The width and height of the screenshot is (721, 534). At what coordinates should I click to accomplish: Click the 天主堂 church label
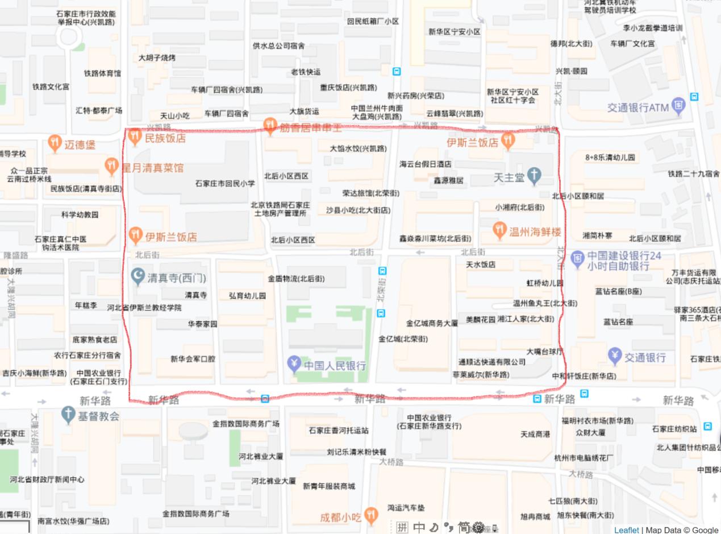tap(509, 178)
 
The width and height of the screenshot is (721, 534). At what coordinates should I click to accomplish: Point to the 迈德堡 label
tap(80, 145)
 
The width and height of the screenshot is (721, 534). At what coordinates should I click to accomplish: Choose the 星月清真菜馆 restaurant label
tap(152, 168)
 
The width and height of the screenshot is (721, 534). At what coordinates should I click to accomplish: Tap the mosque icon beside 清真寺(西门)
tap(138, 277)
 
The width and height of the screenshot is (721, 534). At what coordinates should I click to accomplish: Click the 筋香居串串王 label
tap(310, 127)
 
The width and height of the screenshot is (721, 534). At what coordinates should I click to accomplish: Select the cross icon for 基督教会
tap(68, 415)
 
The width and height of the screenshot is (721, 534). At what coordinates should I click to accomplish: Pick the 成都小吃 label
tap(340, 518)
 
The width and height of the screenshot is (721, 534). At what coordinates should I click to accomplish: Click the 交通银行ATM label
tap(638, 107)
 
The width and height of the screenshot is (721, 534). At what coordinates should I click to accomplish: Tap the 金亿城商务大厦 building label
tap(432, 324)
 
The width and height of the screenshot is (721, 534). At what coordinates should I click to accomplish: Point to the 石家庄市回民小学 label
tap(225, 184)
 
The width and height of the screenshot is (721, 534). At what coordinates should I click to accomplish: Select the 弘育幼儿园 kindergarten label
tap(247, 296)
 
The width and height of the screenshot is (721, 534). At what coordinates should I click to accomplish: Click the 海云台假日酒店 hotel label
tap(426, 164)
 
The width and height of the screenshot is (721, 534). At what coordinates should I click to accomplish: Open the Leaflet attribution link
tap(626, 530)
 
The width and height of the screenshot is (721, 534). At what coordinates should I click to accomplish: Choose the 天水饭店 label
tap(481, 264)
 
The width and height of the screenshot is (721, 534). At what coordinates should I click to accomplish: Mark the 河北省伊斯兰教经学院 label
tap(144, 308)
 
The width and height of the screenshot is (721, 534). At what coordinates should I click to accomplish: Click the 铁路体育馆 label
tap(102, 73)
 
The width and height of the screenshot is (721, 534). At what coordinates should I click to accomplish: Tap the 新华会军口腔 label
tap(193, 359)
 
